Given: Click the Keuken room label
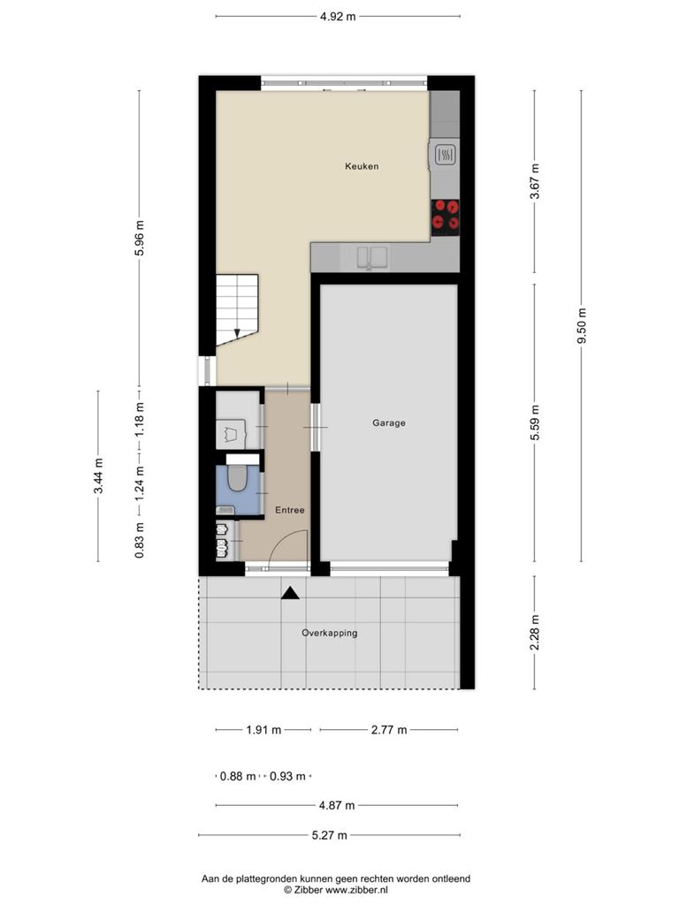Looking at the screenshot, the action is [x=362, y=166].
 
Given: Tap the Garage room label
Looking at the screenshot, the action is [x=389, y=423].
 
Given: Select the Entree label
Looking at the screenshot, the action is [x=290, y=510].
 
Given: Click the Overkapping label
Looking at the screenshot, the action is [x=329, y=633].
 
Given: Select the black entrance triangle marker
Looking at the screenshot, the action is [x=290, y=593].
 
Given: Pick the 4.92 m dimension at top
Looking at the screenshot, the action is [x=338, y=17].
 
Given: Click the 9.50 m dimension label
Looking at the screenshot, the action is [x=582, y=326].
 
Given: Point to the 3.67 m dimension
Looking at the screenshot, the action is [x=535, y=181].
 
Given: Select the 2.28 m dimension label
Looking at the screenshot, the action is [x=535, y=632].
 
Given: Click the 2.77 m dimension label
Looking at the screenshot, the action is [x=389, y=730].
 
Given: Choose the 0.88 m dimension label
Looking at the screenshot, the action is [x=238, y=776].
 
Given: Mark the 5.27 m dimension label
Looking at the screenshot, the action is [x=330, y=835].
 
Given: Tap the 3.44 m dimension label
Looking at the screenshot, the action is [x=99, y=475].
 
